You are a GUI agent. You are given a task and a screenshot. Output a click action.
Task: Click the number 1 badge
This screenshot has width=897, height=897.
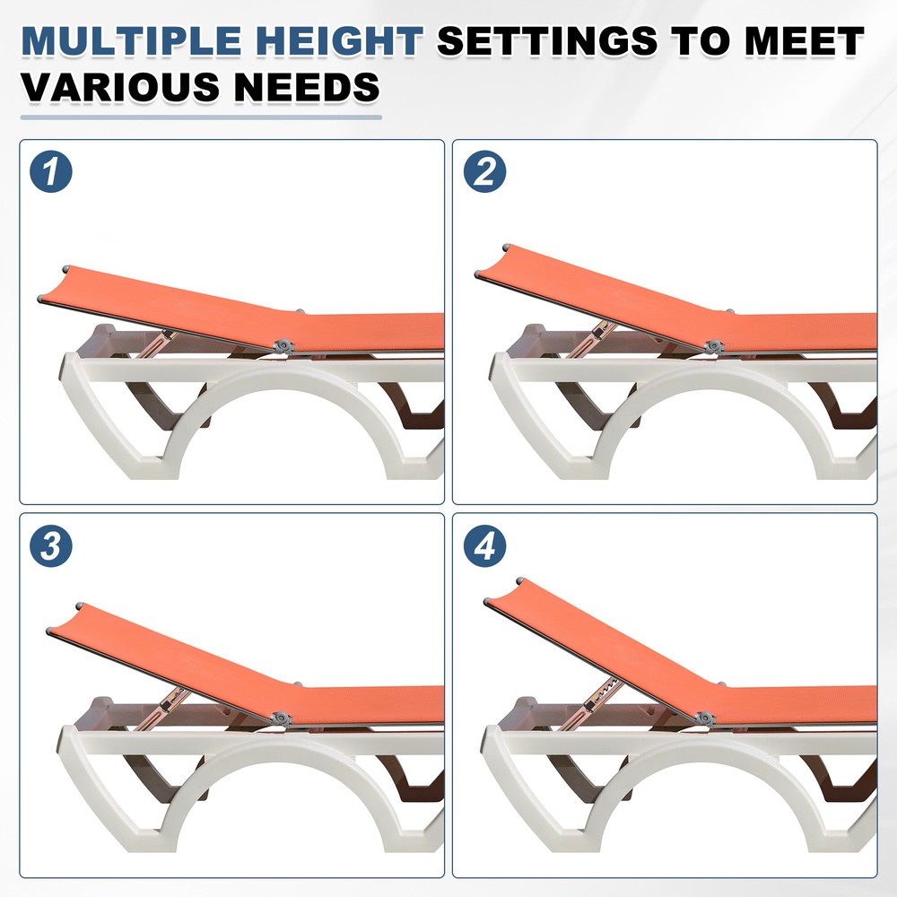(x=52, y=173)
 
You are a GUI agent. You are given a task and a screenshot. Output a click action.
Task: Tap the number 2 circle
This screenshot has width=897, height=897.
(x=485, y=173)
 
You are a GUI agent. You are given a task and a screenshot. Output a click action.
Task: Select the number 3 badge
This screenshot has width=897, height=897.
(x=52, y=546)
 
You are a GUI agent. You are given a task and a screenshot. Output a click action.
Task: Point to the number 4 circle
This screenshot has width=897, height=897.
(x=485, y=546)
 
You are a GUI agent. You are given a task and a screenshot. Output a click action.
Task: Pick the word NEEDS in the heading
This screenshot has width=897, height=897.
(x=305, y=87)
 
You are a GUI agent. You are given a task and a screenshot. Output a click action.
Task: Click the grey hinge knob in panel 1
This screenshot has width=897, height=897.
(x=284, y=346)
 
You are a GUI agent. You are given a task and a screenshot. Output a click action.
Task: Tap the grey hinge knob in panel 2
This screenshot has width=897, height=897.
(x=713, y=345)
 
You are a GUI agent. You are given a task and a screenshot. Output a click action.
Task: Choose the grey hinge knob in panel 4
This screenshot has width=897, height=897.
(x=704, y=718)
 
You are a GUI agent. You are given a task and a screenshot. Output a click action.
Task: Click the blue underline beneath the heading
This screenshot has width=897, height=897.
(x=201, y=117)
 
